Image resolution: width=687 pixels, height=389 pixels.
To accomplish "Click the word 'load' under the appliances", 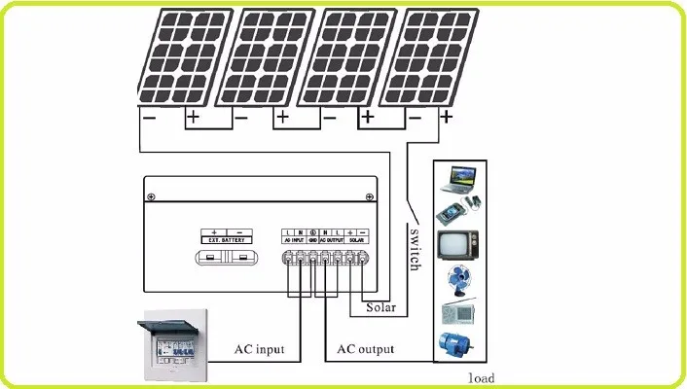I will [x=480, y=377].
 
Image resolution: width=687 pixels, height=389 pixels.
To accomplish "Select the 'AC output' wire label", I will [x=365, y=348].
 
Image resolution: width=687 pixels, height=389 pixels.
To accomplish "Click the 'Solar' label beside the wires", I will [x=380, y=309].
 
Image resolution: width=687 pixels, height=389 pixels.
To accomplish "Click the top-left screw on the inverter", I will [x=150, y=197].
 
